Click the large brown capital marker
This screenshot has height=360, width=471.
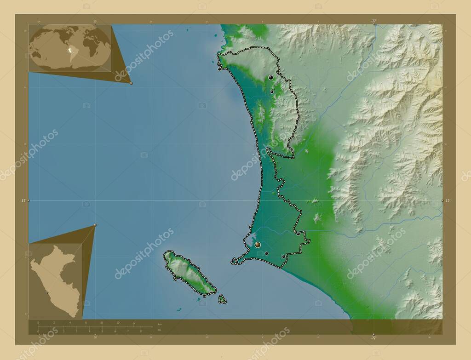click(258, 245)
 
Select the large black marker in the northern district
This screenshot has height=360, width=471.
click(271, 77)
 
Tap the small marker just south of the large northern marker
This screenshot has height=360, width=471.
click(271, 92)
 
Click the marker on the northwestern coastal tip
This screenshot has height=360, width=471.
click(219, 69)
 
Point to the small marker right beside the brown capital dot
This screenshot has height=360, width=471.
click(266, 253)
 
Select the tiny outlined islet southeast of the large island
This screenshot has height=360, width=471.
click(222, 299)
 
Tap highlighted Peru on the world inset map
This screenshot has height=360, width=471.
click(69, 51)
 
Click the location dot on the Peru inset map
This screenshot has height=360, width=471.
click(47, 292)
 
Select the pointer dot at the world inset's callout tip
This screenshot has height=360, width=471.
click(131, 83)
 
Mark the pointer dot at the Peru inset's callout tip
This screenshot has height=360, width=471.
click(95, 225)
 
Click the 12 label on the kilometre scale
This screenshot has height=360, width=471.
click(133, 323)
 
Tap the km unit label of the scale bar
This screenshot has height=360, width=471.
click(159, 325)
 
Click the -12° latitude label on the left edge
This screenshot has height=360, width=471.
click(22, 200)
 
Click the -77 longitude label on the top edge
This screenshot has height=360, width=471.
click(373, 21)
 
